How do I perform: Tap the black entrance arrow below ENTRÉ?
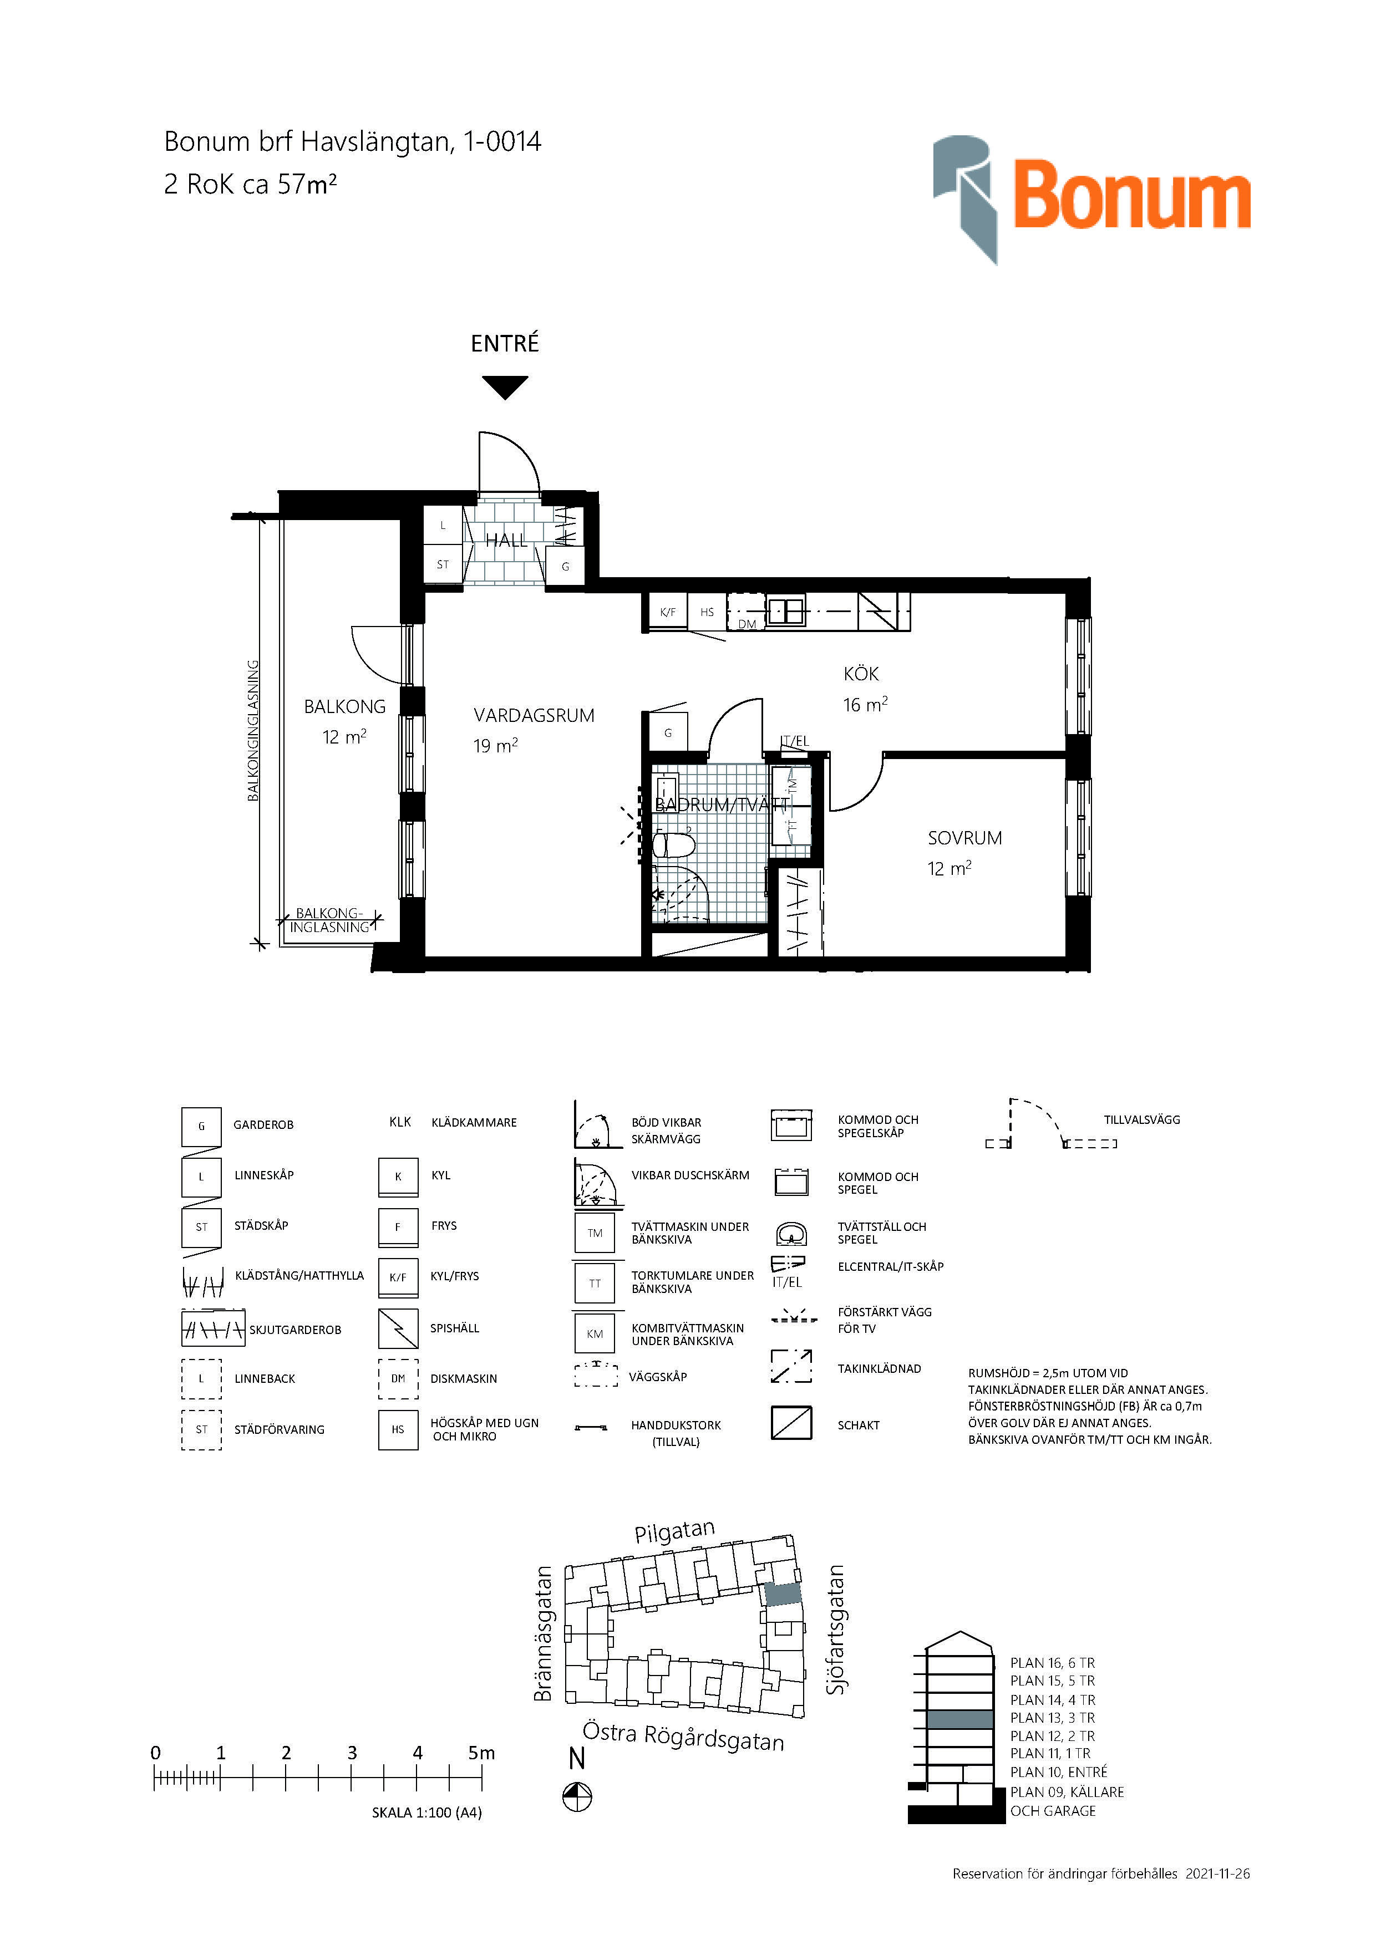[505, 387]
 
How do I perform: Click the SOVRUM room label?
[964, 838]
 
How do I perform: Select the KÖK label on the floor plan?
[861, 674]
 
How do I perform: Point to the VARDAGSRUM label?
[534, 715]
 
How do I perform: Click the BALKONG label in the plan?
[345, 706]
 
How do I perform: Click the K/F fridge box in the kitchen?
[668, 612]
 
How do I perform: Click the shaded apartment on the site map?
[783, 1594]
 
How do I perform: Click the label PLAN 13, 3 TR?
[1052, 1718]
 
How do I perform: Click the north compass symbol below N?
[577, 1797]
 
